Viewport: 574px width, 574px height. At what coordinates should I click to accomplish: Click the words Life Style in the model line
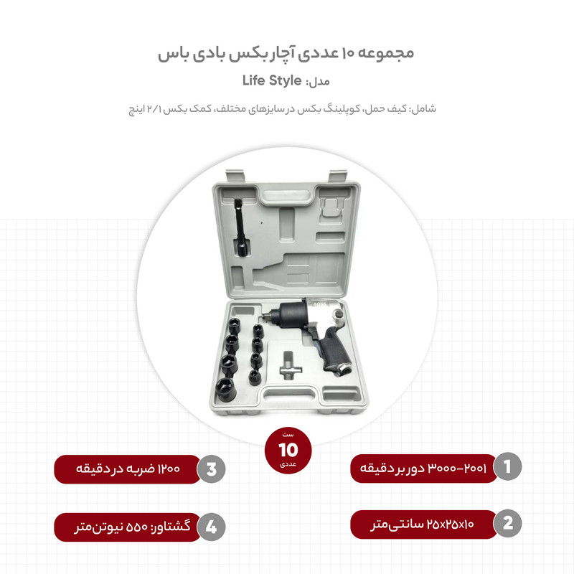tap(272, 80)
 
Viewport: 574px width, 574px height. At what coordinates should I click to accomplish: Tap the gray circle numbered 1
tap(507, 467)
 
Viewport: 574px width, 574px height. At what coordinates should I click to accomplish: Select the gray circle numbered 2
tap(507, 524)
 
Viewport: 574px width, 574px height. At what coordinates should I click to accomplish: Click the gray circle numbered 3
tap(211, 470)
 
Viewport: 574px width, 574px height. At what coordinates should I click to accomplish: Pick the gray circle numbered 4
tap(211, 527)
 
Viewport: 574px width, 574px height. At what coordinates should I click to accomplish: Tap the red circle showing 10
tap(287, 450)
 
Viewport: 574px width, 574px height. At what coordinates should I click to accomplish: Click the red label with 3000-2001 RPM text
tap(423, 468)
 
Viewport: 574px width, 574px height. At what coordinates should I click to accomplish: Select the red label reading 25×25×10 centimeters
tap(423, 524)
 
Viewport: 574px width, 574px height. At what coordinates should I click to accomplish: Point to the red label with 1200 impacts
tap(128, 469)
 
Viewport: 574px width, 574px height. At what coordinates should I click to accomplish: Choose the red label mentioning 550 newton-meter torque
tap(128, 527)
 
